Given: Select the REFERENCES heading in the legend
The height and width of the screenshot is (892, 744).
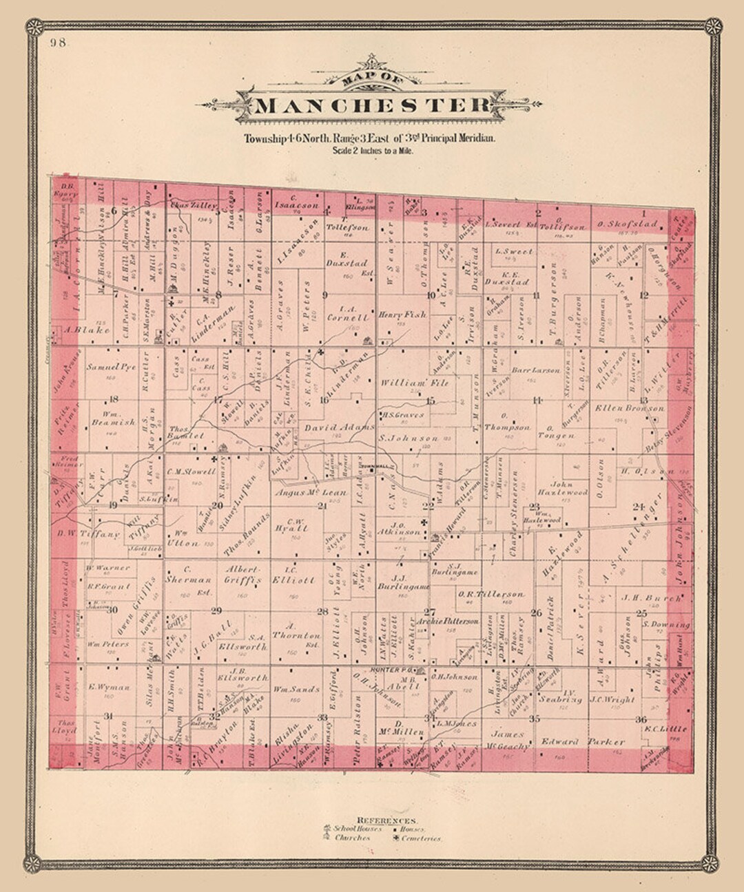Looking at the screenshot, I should coord(386,820).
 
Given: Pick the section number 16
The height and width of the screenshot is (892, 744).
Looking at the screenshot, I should coord(324,399).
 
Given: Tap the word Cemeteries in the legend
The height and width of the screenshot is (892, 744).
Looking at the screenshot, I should coord(422,838).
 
